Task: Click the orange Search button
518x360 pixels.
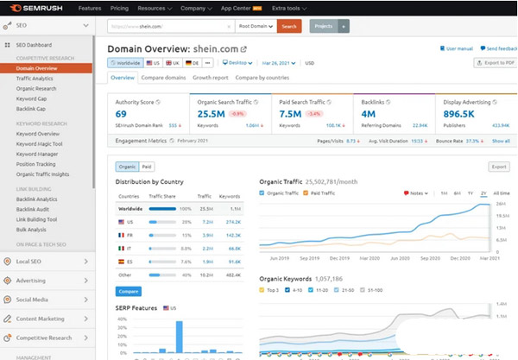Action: pyautogui.click(x=288, y=27)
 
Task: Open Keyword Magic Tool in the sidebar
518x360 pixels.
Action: pyautogui.click(x=41, y=143)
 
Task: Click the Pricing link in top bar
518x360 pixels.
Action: pyautogui.click(x=119, y=7)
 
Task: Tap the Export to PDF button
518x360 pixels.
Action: pyautogui.click(x=495, y=63)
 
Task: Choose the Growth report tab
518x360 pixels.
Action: pyautogui.click(x=212, y=78)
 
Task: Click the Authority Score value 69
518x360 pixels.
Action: pyautogui.click(x=122, y=113)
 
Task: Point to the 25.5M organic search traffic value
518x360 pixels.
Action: pyautogui.click(x=212, y=113)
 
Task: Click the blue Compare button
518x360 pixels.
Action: pyautogui.click(x=129, y=292)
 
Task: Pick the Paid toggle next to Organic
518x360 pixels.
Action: pyautogui.click(x=147, y=167)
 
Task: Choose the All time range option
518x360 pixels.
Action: pyautogui.click(x=502, y=193)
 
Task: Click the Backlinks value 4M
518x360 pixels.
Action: pyautogui.click(x=369, y=113)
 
